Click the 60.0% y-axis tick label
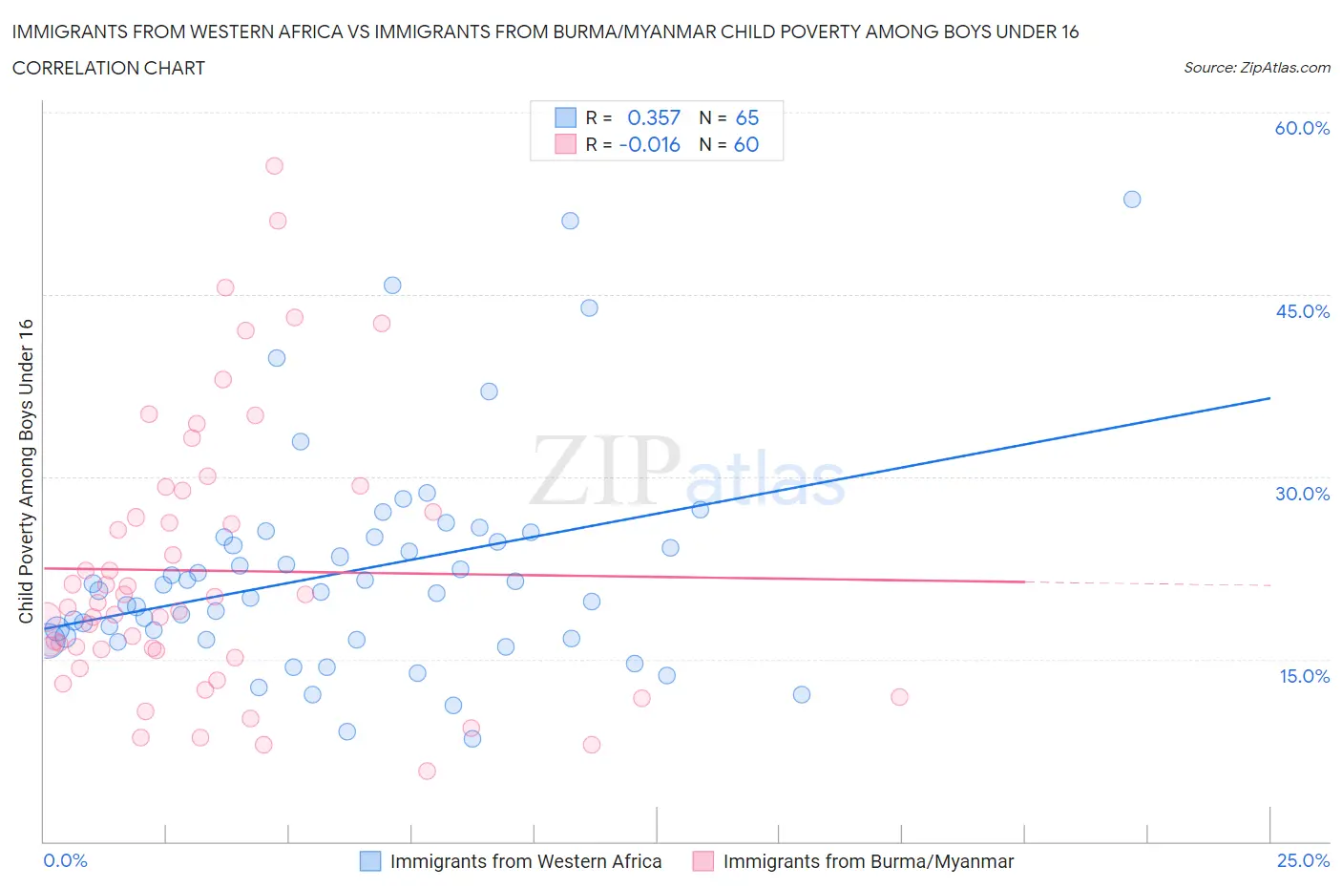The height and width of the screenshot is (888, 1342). (1301, 128)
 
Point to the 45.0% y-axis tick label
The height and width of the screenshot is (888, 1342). (1302, 311)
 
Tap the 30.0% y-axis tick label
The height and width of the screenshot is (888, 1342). (1302, 494)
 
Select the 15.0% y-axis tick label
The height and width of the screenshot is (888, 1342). (1304, 676)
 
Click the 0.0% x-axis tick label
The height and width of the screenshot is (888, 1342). (65, 860)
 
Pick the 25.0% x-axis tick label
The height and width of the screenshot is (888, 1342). (1303, 860)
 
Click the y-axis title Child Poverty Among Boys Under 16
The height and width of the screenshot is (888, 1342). (26, 471)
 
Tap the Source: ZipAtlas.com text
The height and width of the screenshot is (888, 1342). (1256, 68)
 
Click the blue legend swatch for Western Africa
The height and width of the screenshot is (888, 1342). (370, 861)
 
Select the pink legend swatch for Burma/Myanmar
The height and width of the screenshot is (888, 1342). (703, 861)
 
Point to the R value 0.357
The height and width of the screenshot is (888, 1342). (654, 117)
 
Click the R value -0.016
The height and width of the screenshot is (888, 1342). (650, 144)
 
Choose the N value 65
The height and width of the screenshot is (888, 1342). (747, 117)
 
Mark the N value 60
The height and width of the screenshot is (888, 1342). (746, 144)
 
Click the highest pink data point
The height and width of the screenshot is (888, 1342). (274, 166)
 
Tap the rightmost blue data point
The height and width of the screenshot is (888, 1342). (1132, 200)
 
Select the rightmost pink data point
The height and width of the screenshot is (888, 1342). (899, 697)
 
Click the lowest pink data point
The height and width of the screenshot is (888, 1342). (427, 772)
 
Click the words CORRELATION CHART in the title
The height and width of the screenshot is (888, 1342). (109, 68)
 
